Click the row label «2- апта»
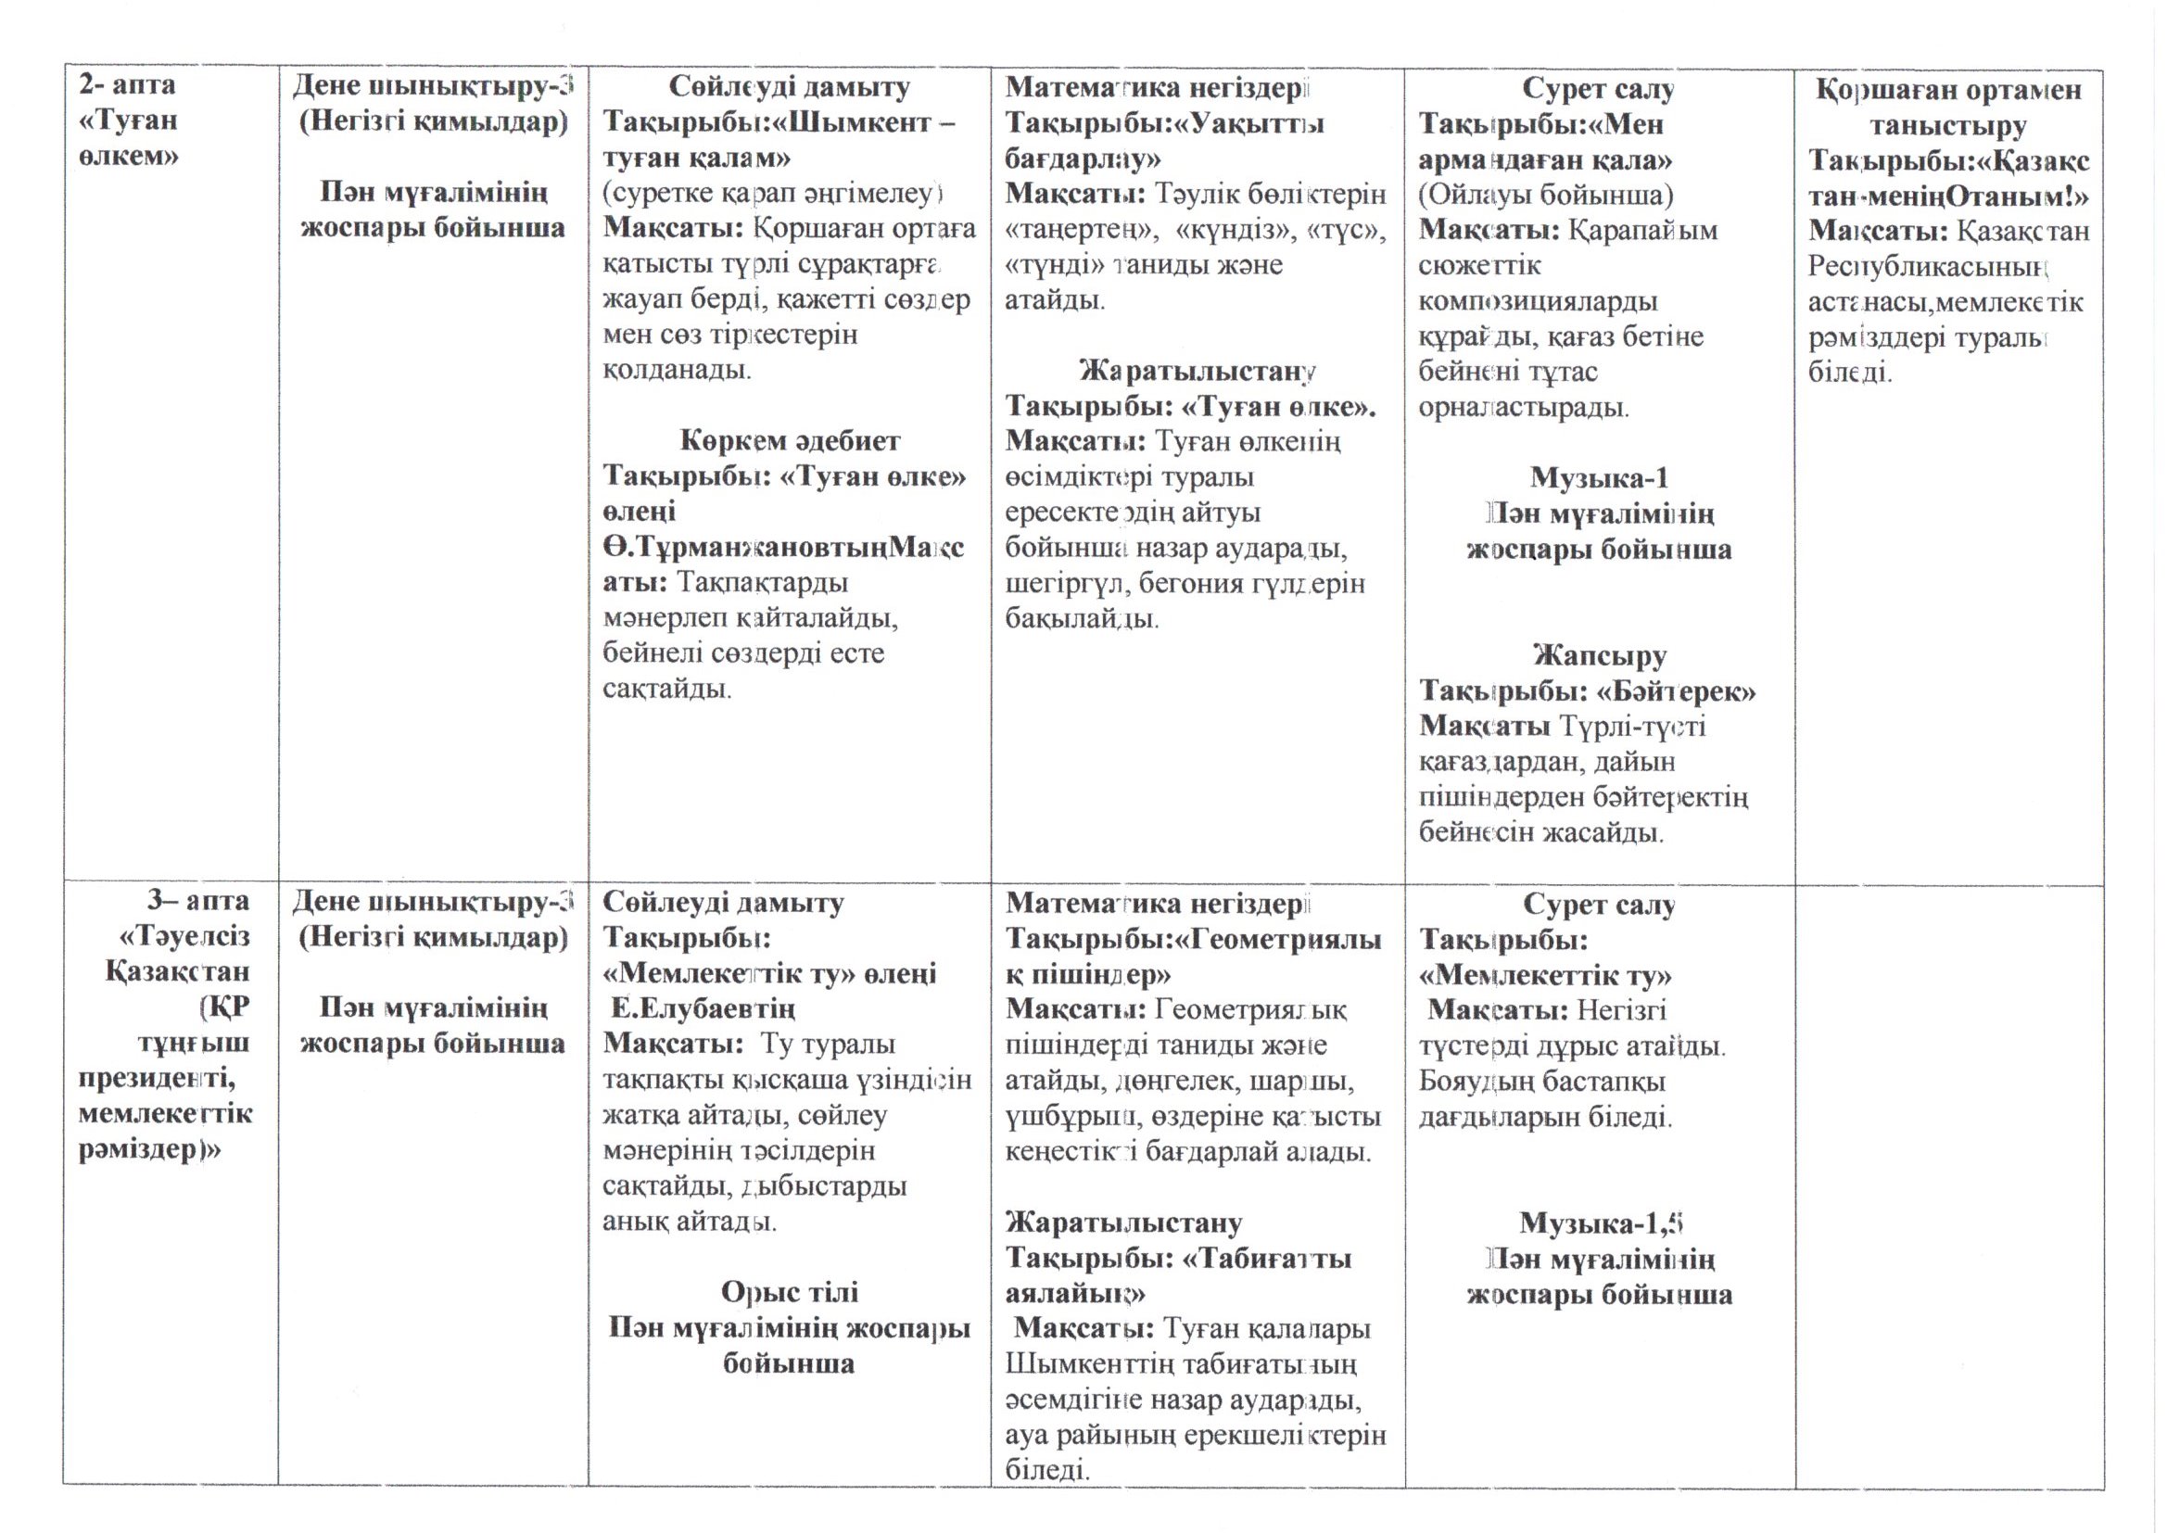(x=127, y=85)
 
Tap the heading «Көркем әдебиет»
(x=790, y=441)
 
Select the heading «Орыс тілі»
(x=790, y=1291)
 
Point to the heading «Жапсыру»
(x=1600, y=655)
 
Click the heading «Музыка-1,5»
(x=1602, y=1223)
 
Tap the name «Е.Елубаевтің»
(x=703, y=1009)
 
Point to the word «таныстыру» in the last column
(x=1949, y=125)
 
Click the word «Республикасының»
(x=1925, y=268)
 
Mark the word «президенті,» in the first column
(x=158, y=1078)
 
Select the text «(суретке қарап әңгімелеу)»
(x=774, y=194)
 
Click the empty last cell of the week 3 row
(x=1949, y=1180)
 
